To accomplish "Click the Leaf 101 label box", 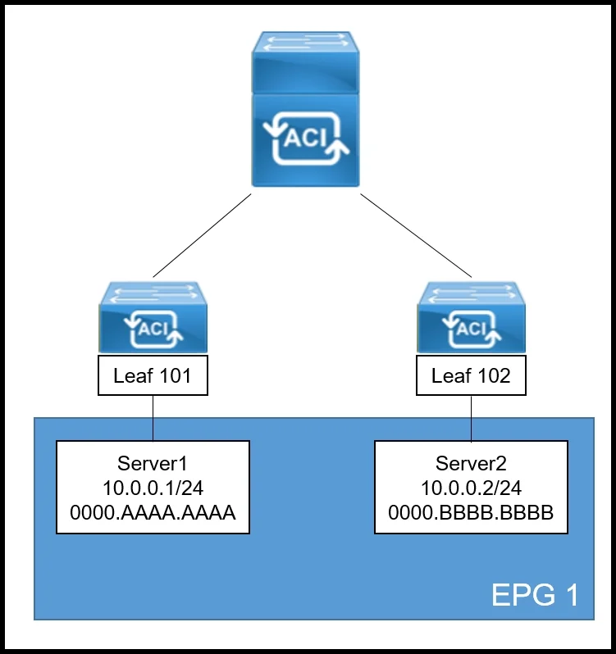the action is (x=153, y=375).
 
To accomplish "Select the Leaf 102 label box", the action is (x=471, y=375).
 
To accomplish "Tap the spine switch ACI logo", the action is (x=306, y=138).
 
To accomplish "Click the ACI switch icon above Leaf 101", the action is (x=153, y=317).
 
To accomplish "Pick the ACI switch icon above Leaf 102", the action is (x=471, y=317).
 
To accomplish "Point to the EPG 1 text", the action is (x=536, y=594).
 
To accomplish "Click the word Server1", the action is (x=153, y=463).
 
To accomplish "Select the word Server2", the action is (x=471, y=463).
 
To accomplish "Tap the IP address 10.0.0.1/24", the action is (x=153, y=488).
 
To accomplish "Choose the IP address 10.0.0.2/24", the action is (x=471, y=488).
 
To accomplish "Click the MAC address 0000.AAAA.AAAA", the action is (x=153, y=512).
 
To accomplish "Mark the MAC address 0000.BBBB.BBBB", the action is (x=471, y=512).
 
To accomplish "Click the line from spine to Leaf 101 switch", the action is (x=202, y=235).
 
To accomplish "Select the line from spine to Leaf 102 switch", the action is (x=416, y=235).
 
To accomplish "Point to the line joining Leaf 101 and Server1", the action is (x=153, y=418).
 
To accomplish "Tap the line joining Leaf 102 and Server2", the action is (x=471, y=418).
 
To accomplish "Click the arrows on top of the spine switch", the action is (x=306, y=43).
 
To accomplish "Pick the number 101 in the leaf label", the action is (x=176, y=375).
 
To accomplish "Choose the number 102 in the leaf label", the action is (x=494, y=375).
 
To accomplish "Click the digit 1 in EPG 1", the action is (x=573, y=594).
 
